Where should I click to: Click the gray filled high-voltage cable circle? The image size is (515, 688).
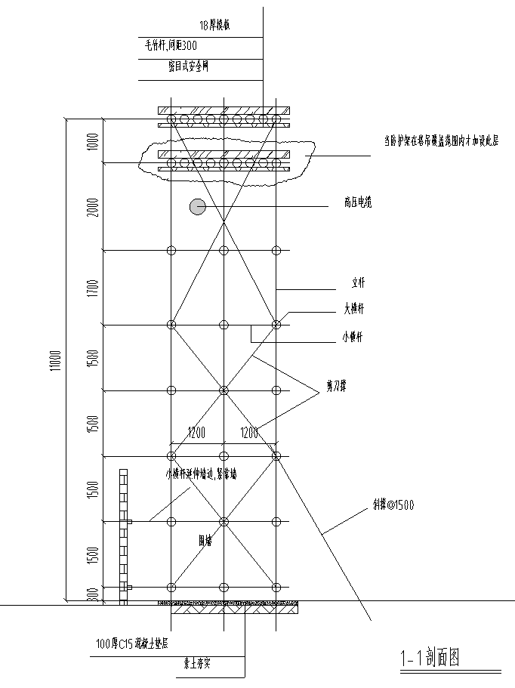pyautogui.click(x=197, y=206)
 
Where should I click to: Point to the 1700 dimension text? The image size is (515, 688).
pyautogui.click(x=92, y=288)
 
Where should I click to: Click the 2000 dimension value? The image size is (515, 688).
pyautogui.click(x=92, y=206)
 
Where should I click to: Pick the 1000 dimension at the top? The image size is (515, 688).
pyautogui.click(x=92, y=141)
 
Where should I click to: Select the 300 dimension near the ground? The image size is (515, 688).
pyautogui.click(x=92, y=596)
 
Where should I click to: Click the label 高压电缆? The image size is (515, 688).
pyautogui.click(x=357, y=202)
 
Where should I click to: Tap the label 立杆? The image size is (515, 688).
pyautogui.click(x=359, y=285)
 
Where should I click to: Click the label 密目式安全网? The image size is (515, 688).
pyautogui.click(x=187, y=66)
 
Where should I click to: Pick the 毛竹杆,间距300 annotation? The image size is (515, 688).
pyautogui.click(x=171, y=45)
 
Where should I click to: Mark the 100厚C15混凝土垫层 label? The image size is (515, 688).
pyautogui.click(x=131, y=644)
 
